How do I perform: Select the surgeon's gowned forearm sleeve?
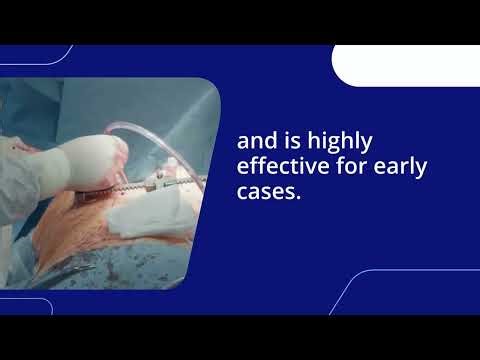(25, 175)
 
